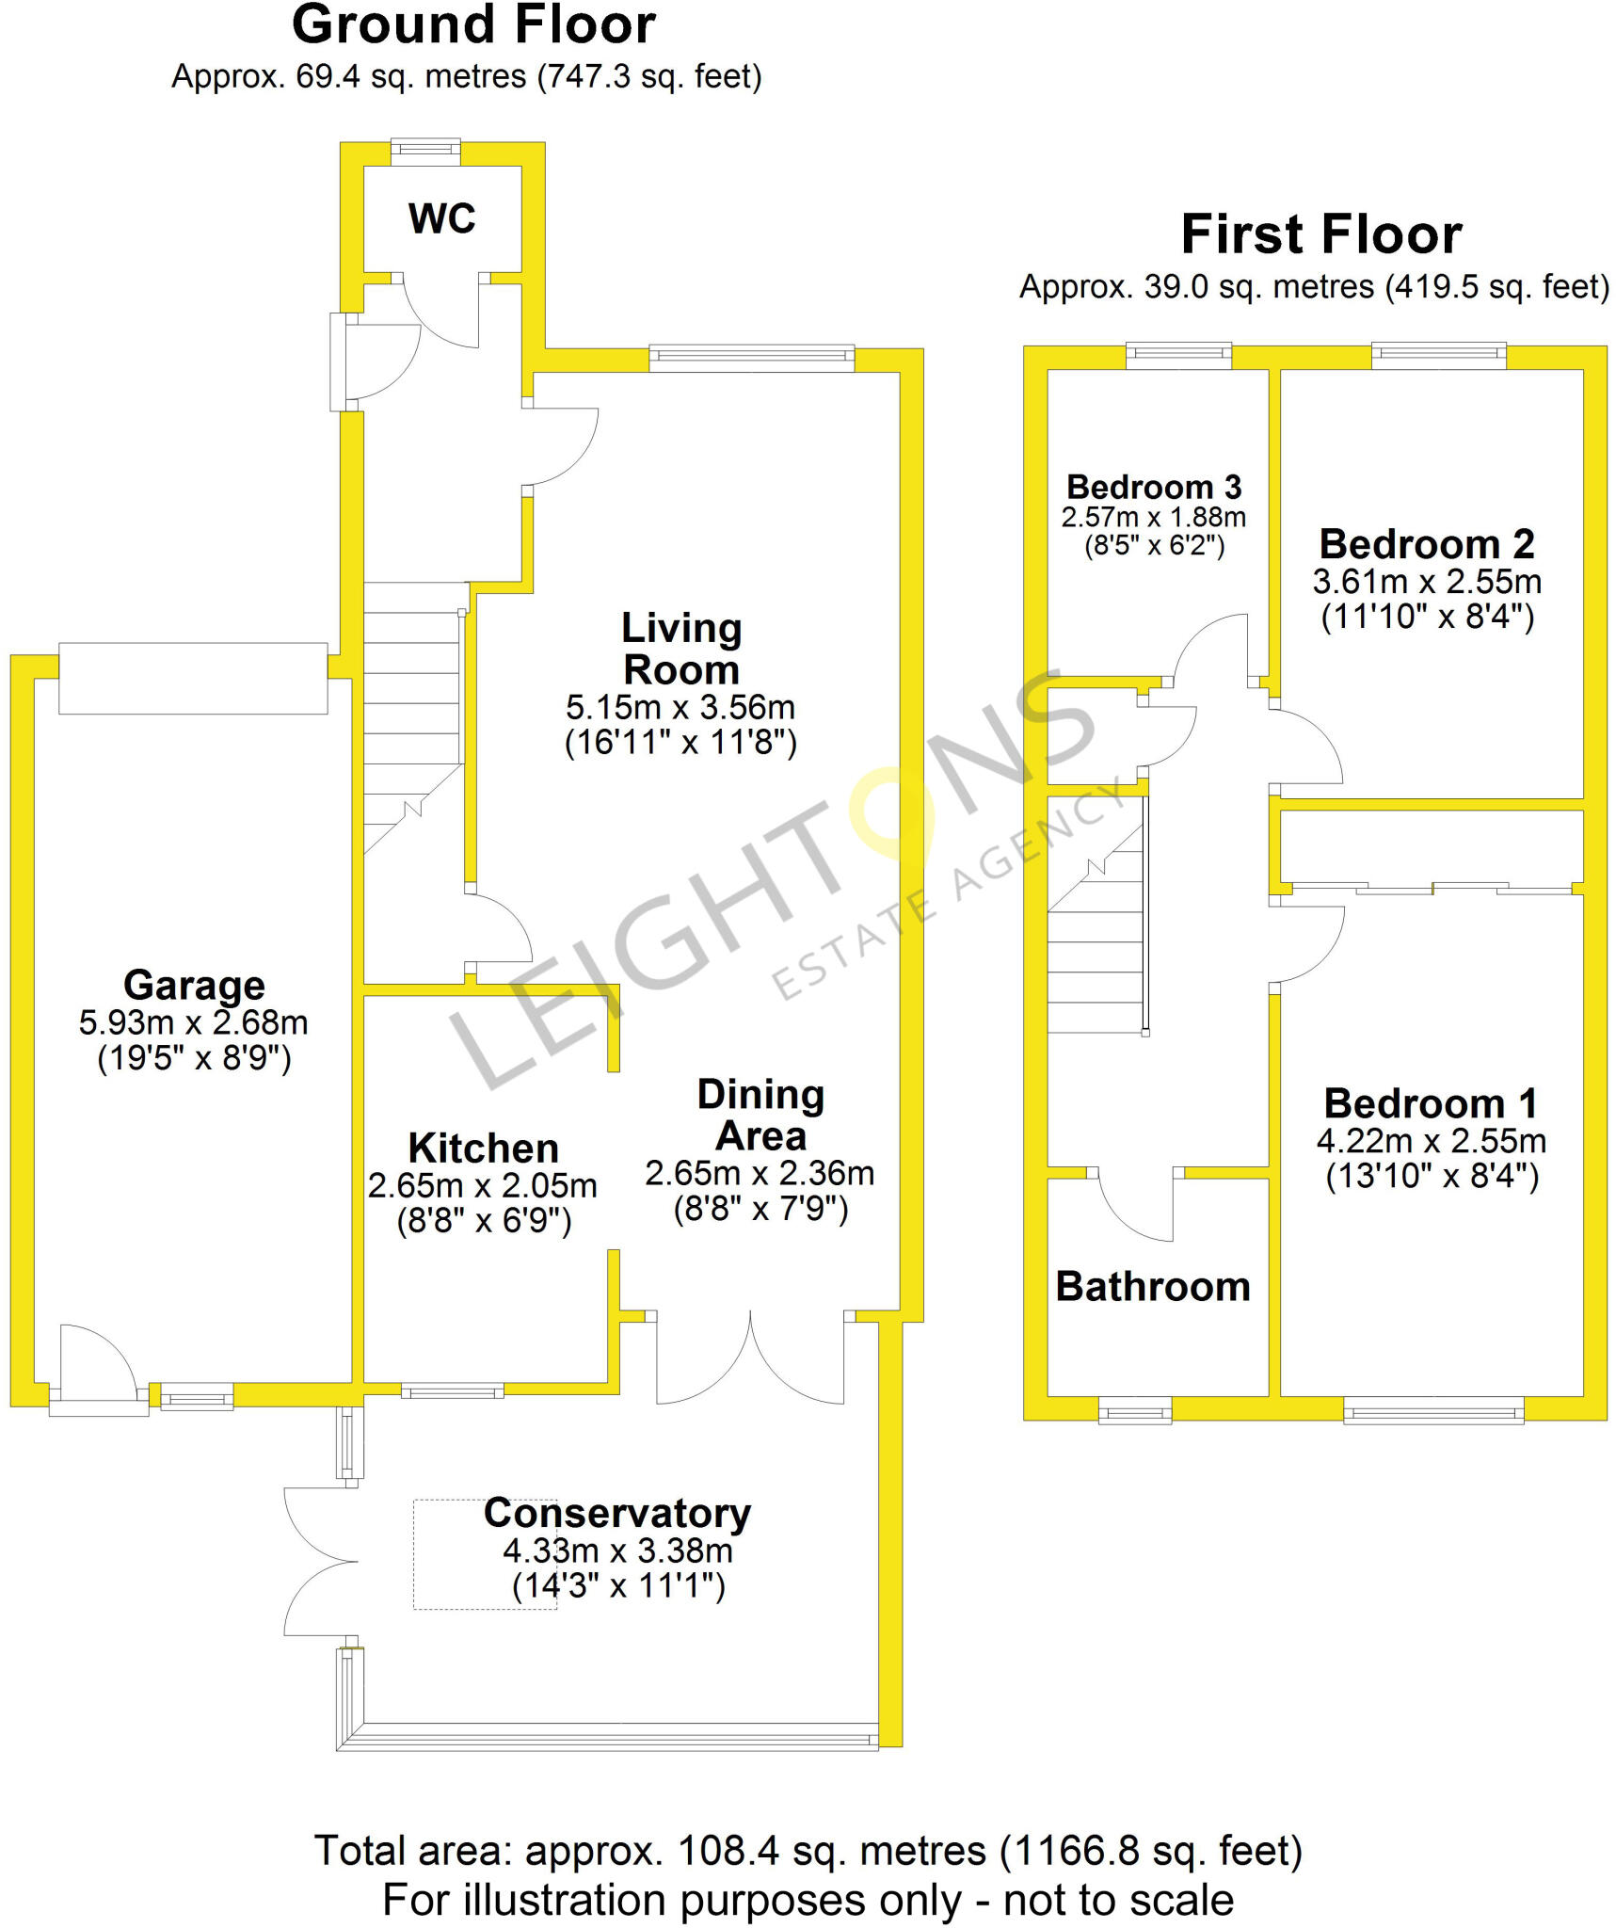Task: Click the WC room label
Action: point(441,218)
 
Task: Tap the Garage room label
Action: point(194,986)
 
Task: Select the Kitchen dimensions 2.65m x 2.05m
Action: point(483,1185)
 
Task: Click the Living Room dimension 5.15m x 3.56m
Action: point(680,707)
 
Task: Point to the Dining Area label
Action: point(760,1115)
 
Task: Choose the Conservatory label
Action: point(617,1513)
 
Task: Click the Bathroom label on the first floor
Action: point(1153,1286)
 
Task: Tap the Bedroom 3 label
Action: point(1154,487)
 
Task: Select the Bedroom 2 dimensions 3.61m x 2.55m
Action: point(1427,582)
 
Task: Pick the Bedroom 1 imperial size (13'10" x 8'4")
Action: point(1432,1177)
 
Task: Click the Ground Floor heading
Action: point(473,25)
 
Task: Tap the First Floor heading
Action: point(1321,234)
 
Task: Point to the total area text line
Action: point(808,1851)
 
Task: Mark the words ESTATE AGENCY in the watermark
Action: point(946,889)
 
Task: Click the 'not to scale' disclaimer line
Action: point(808,1900)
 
